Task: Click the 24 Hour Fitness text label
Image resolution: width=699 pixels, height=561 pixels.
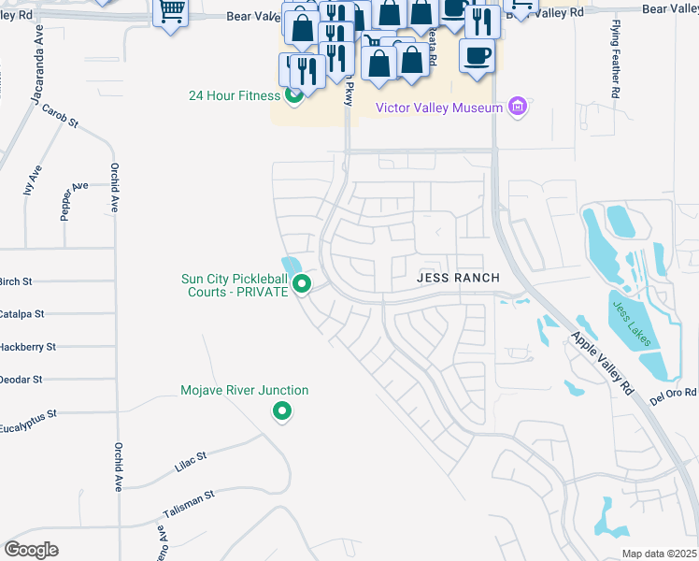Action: tap(235, 95)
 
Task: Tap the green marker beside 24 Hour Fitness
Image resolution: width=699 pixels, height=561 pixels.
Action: tap(293, 94)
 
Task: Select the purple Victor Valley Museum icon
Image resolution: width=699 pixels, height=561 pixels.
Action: tap(518, 108)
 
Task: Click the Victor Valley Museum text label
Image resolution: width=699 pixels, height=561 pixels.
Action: tap(439, 108)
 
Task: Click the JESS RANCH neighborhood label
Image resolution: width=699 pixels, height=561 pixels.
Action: tap(458, 278)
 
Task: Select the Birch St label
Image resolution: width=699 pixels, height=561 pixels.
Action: tap(16, 280)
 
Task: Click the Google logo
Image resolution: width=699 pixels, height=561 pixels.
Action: tap(31, 549)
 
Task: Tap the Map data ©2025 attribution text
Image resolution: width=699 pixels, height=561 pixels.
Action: tap(659, 554)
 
